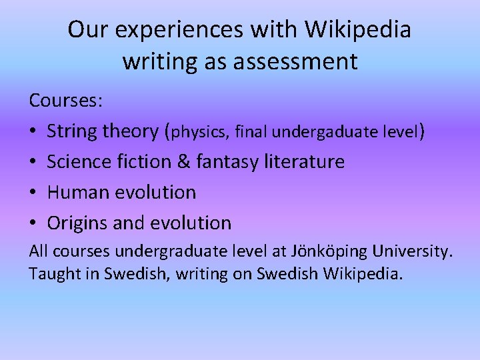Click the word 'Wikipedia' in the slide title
tap(359, 30)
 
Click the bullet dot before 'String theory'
tap(33, 132)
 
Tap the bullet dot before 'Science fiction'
tap(33, 162)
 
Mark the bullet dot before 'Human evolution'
tap(33, 193)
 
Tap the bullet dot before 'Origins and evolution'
tap(33, 223)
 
